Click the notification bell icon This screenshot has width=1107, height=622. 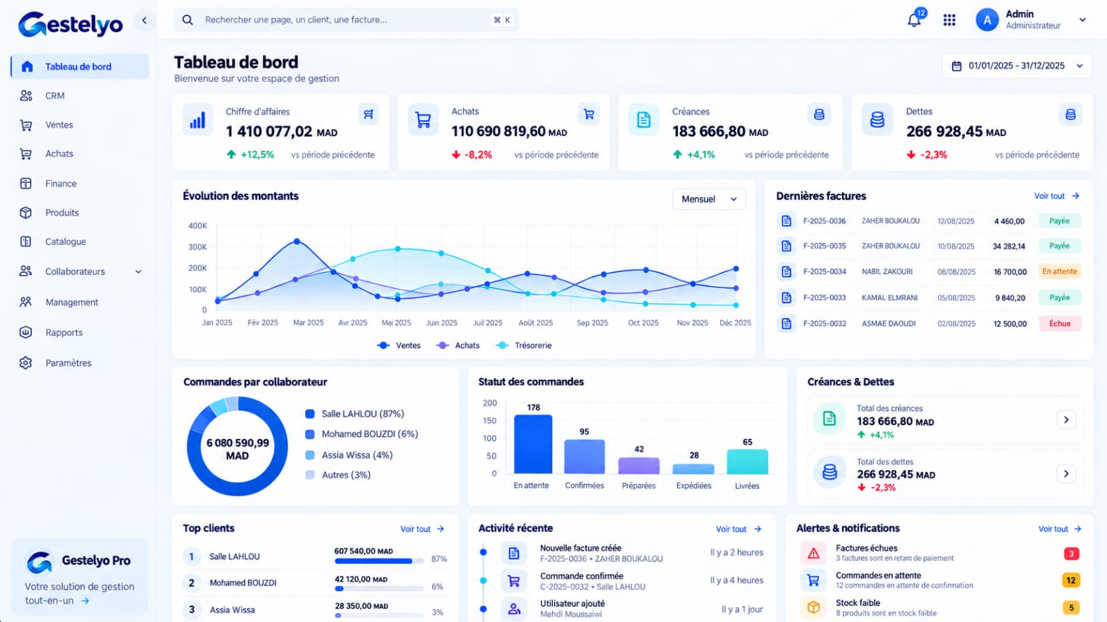point(914,20)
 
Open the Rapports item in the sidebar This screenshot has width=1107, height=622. point(64,332)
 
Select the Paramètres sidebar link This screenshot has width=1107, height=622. point(68,363)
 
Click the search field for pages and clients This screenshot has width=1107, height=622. point(346,20)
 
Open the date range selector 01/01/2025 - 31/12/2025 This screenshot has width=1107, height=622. point(1017,66)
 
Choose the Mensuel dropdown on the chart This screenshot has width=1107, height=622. point(708,199)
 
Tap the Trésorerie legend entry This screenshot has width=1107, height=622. point(524,346)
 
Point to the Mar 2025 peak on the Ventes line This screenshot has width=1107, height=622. point(297,241)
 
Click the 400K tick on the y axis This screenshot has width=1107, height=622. point(198,225)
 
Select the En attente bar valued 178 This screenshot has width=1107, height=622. point(533,444)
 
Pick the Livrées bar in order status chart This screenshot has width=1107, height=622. point(747,462)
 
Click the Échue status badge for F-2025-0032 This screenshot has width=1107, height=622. point(1059,323)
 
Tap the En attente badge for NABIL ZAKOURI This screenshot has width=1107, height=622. point(1059,271)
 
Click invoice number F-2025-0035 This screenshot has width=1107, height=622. point(824,246)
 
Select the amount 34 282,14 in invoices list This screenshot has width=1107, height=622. point(1009,246)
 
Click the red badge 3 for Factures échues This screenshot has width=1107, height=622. point(1072,554)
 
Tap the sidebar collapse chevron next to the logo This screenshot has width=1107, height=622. point(145,20)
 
